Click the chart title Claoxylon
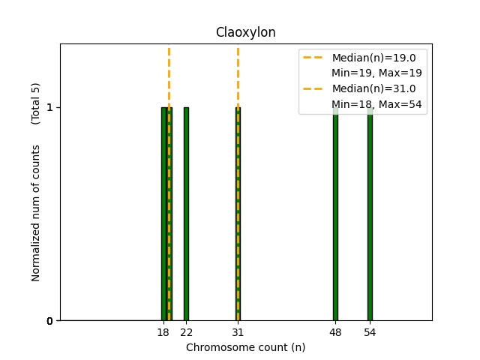(245, 32)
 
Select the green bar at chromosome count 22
(186, 214)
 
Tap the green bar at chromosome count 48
(335, 214)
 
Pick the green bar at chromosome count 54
(370, 214)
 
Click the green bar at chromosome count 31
(238, 214)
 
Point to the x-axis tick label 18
(163, 331)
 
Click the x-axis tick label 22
(186, 331)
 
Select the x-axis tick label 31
(238, 331)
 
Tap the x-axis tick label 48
(335, 331)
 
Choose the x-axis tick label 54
(370, 331)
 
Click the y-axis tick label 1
(49, 107)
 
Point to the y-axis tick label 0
(49, 321)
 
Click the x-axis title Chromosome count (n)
(245, 347)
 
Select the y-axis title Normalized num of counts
(36, 214)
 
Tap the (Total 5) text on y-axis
(36, 103)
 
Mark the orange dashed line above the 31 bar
(238, 75)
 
